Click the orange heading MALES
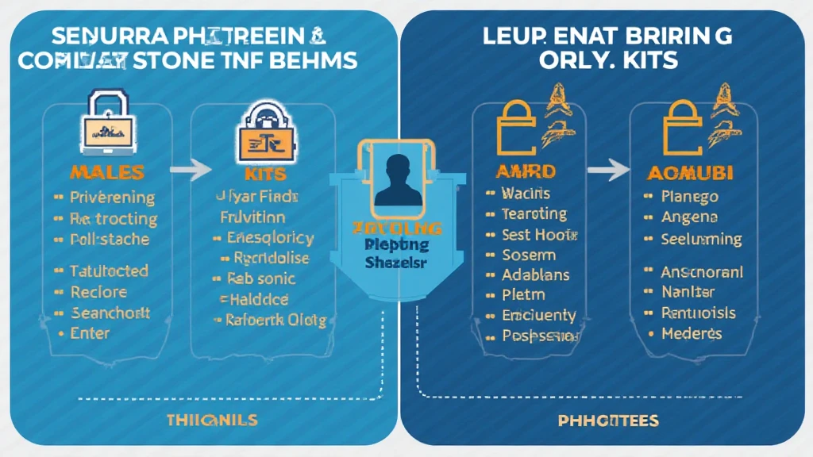pyautogui.click(x=106, y=172)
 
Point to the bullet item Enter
pyautogui.click(x=90, y=333)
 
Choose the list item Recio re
pyautogui.click(x=99, y=292)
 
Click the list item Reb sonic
pyautogui.click(x=260, y=278)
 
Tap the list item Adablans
pyautogui.click(x=535, y=275)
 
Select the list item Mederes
pyautogui.click(x=691, y=333)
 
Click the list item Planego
pyautogui.click(x=689, y=197)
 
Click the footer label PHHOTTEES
pyautogui.click(x=607, y=421)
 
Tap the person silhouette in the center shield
pyautogui.click(x=397, y=179)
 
